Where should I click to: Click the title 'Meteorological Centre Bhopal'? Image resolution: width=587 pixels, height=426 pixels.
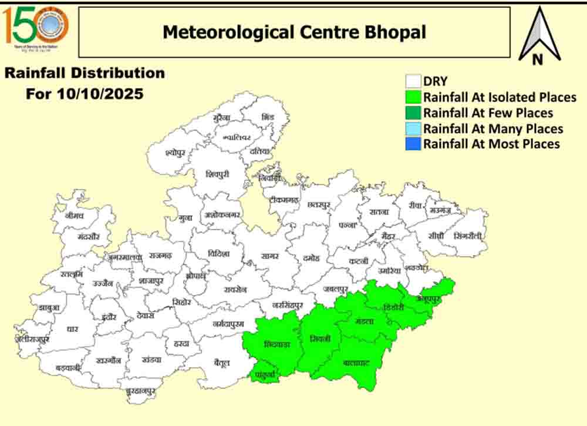[x=294, y=32]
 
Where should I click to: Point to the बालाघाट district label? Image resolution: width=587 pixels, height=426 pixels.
[x=356, y=363]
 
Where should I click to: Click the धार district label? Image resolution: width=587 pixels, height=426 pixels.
[x=73, y=330]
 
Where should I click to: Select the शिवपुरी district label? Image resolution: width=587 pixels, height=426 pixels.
[x=218, y=175]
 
